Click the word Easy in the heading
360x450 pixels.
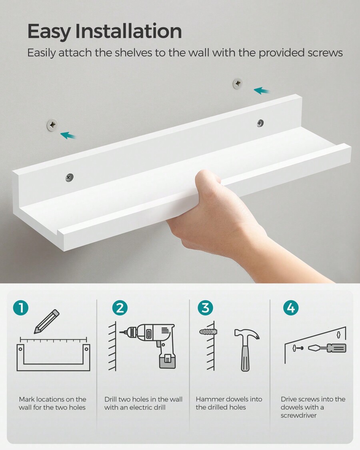(x=49, y=32)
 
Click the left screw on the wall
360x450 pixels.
(x=52, y=125)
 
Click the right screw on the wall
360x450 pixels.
(x=238, y=84)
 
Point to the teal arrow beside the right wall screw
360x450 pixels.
(x=262, y=91)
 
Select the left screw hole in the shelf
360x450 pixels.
(x=70, y=177)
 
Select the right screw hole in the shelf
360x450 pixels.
(x=260, y=123)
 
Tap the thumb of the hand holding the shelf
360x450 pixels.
(x=208, y=178)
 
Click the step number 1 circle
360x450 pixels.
(x=21, y=308)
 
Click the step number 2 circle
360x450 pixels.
(x=120, y=308)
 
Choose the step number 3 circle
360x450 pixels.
(x=205, y=308)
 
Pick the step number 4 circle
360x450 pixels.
(x=291, y=308)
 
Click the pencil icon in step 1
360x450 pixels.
(x=46, y=322)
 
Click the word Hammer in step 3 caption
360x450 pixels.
(x=210, y=399)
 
